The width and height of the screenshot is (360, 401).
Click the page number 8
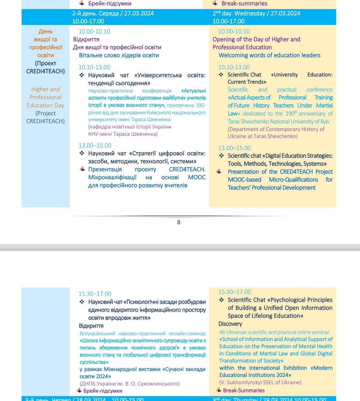[x=179, y=222]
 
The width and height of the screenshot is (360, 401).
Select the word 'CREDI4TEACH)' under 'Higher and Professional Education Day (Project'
[x=45, y=121]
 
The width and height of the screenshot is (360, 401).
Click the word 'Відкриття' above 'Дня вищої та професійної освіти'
[x=86, y=39]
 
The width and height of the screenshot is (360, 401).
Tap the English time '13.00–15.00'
[x=235, y=148]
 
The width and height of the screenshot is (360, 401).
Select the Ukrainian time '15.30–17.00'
[x=95, y=294]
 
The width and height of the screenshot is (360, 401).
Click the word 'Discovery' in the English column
[x=230, y=324]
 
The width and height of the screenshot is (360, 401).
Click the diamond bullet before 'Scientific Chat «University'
[x=221, y=75]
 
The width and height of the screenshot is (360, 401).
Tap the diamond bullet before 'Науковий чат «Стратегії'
[x=82, y=153]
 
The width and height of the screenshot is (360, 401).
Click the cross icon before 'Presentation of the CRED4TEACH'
[x=219, y=171]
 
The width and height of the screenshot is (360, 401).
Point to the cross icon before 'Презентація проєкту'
[x=82, y=169]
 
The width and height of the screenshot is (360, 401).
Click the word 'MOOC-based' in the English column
[x=244, y=180]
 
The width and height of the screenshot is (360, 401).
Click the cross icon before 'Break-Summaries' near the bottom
[x=219, y=390]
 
